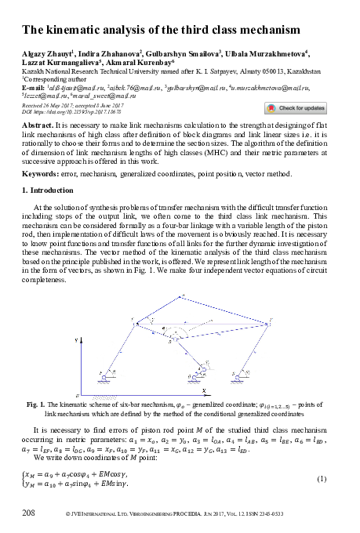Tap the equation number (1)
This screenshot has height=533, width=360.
[322, 477]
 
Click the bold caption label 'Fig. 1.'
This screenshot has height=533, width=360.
[35, 403]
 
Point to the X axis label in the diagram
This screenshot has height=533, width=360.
[202, 389]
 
